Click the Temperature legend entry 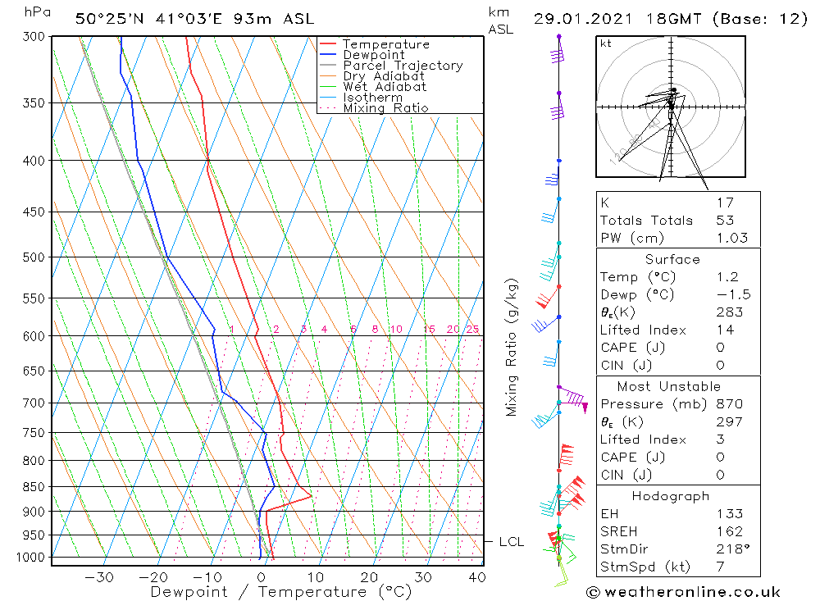[x=385, y=44]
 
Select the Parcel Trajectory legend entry [x=403, y=66]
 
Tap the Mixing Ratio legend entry [x=385, y=107]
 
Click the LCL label [x=511, y=542]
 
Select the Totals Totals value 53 [x=725, y=220]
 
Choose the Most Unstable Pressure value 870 [x=728, y=403]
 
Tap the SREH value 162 [x=728, y=531]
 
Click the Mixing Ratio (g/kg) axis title [x=512, y=348]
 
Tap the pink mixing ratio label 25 [x=472, y=330]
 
